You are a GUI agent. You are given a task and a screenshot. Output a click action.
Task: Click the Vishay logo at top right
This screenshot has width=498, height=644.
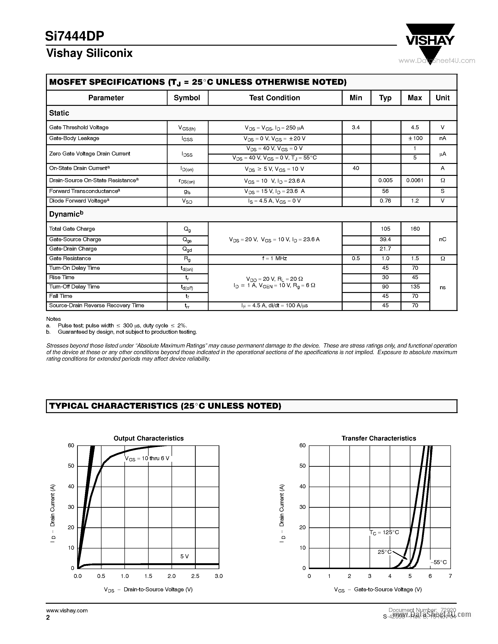[x=430, y=41]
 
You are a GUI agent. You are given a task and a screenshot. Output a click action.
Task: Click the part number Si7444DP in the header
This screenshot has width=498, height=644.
[x=75, y=36]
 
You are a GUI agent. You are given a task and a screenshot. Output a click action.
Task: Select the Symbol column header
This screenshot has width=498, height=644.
[x=187, y=98]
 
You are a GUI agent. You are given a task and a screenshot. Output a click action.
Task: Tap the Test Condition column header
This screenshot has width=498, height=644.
[x=274, y=98]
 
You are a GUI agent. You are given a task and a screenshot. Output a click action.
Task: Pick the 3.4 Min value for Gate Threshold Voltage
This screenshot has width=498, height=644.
[x=356, y=127]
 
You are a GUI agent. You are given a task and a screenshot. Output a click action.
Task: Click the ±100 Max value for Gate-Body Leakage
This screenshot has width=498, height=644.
[x=415, y=138]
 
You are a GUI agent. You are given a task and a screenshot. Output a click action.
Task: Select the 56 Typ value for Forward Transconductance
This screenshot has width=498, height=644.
[x=385, y=191]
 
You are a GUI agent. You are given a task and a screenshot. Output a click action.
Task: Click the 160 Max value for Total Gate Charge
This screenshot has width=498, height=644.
[x=415, y=229]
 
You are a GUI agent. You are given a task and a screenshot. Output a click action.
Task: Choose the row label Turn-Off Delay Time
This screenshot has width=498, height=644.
[x=74, y=287]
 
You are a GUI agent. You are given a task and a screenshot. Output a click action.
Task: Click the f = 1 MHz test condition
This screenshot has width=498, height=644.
[x=274, y=258]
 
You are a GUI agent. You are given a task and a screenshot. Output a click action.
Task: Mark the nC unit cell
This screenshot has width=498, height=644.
[x=442, y=239]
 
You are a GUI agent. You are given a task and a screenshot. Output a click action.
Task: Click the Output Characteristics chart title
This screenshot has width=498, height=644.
[x=148, y=438]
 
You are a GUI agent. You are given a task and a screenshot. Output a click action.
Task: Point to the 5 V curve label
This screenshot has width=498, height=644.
[x=184, y=556]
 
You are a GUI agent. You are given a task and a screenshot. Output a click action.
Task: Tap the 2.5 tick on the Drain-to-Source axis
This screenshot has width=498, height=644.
[x=195, y=576]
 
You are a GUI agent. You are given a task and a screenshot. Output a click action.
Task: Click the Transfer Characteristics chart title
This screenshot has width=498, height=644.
[x=378, y=438]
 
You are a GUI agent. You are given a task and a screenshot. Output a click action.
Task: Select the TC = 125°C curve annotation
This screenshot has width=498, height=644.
[x=384, y=533]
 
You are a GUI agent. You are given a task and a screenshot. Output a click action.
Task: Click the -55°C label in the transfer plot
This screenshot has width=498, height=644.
[x=438, y=562]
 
